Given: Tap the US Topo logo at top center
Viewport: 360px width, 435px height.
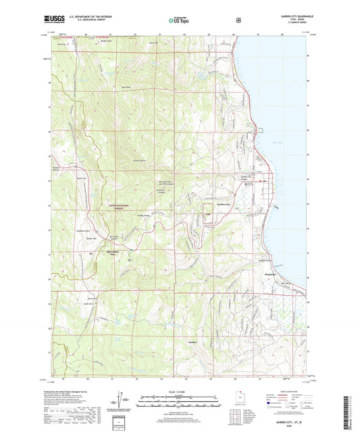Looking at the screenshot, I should click(x=180, y=21).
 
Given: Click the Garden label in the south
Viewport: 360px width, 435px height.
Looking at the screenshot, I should click(x=192, y=343).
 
